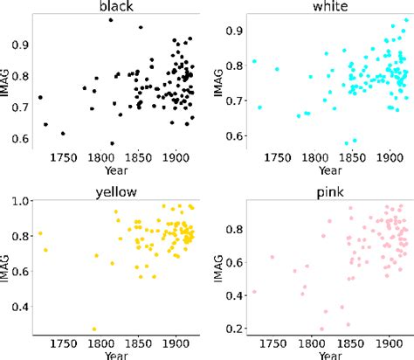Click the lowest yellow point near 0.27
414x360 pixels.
(94, 329)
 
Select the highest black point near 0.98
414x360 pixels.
(111, 20)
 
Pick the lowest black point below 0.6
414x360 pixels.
(113, 143)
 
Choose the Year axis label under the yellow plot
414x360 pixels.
(114, 354)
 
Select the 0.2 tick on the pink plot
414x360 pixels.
(234, 329)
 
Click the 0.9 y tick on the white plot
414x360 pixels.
(234, 31)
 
